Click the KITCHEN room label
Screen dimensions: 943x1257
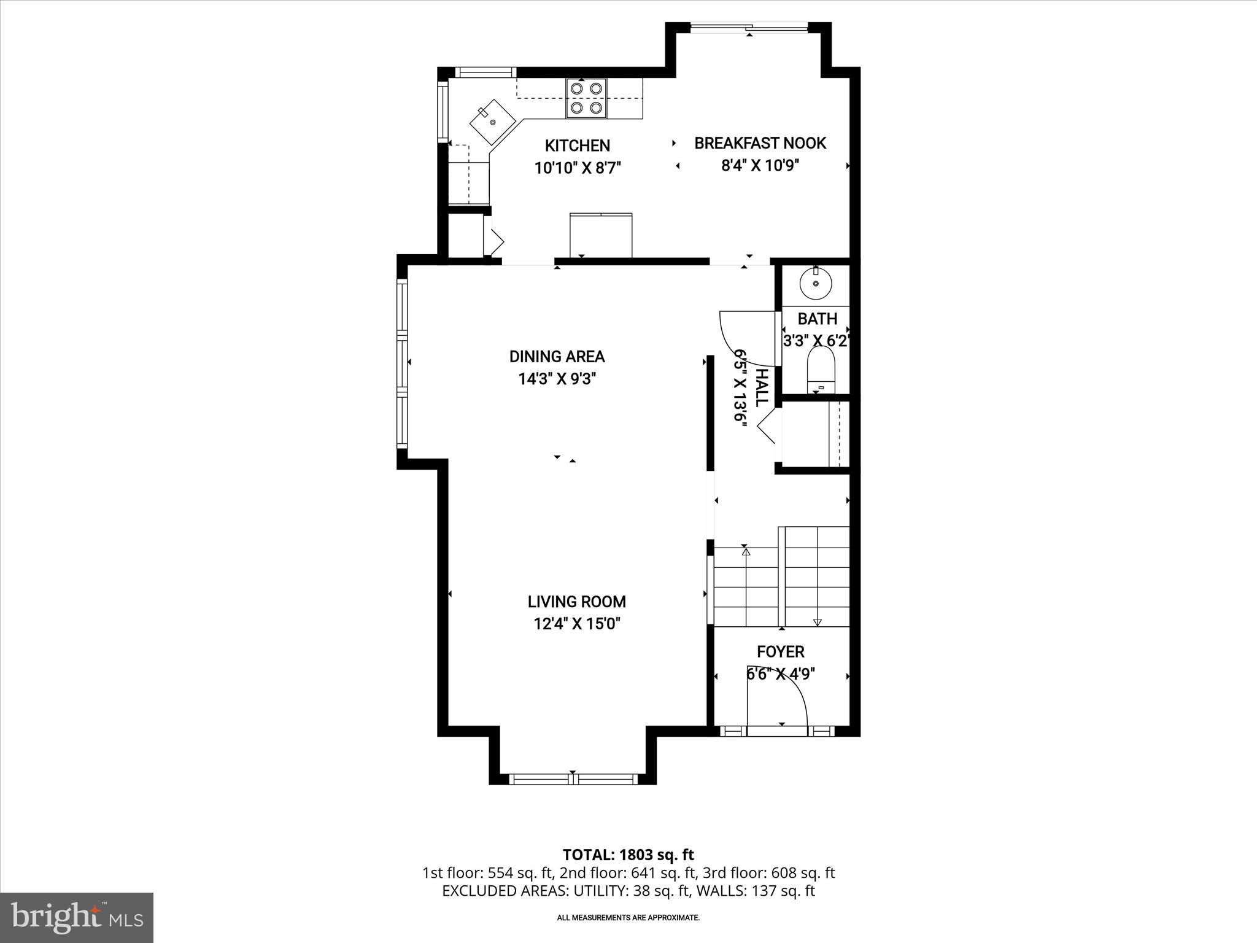577,146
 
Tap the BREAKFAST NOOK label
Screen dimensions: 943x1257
760,143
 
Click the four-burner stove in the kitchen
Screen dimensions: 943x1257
586,98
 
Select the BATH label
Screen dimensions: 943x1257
817,319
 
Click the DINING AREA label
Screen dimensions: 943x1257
557,357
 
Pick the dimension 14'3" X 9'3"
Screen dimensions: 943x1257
557,379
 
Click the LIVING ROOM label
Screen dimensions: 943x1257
576,602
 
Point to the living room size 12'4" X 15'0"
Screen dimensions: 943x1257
577,624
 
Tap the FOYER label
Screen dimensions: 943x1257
780,651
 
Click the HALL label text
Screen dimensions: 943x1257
761,388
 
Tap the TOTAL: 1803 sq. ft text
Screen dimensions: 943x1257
628,855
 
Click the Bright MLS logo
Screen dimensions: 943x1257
76,917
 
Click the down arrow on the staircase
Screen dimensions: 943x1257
817,621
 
